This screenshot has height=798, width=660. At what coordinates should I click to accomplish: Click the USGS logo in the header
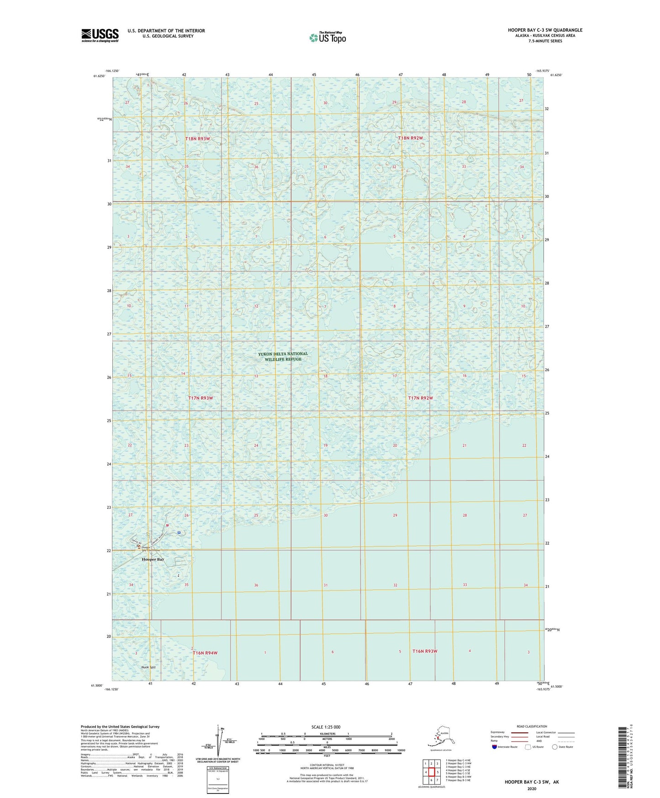(x=100, y=35)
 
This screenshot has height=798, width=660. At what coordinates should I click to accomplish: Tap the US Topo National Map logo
(x=327, y=37)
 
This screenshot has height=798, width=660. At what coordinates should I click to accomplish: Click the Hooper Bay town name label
(x=153, y=559)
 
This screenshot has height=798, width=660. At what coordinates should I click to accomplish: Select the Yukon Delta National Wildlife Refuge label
(x=283, y=356)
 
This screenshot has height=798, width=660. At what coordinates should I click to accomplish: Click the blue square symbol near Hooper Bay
(x=179, y=532)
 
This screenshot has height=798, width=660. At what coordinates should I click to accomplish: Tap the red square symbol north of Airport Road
(x=168, y=525)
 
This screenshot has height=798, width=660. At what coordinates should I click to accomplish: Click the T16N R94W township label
(x=205, y=653)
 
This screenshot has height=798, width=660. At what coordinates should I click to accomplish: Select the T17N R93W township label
(x=201, y=398)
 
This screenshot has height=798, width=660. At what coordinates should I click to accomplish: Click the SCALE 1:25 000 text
(x=326, y=727)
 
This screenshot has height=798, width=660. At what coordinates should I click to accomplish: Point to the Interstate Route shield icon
(x=495, y=747)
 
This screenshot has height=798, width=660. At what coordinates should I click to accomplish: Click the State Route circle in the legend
(x=555, y=747)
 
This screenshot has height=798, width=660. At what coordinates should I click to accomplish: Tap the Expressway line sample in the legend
(x=519, y=733)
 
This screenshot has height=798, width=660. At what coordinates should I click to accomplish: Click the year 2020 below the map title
(x=532, y=789)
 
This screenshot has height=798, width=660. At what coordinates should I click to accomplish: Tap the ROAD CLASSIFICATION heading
(x=532, y=726)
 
